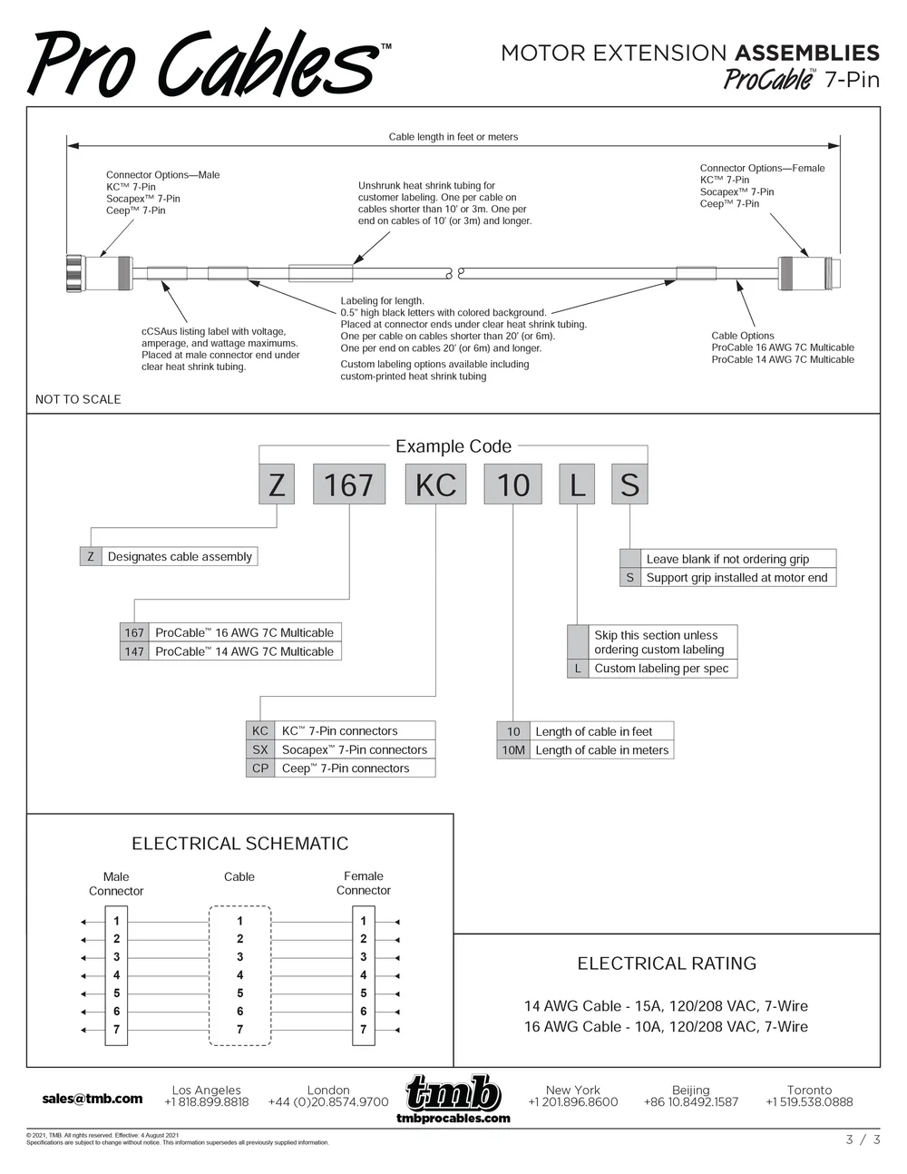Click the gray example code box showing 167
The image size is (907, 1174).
pos(349,484)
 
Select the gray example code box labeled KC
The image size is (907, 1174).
pos(435,484)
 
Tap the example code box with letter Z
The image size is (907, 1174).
pos(277,484)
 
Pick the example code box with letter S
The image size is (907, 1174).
pos(629,484)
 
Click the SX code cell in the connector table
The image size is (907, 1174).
pos(260,749)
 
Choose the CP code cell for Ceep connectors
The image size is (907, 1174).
pos(260,768)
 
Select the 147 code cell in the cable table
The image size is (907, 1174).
pos(134,651)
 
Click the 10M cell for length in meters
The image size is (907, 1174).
pos(513,750)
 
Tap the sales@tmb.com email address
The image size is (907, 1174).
pos(93,1099)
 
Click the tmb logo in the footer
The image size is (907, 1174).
pos(453,1099)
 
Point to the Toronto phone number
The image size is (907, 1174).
pos(809,1102)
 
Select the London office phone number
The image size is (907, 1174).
pos(328,1102)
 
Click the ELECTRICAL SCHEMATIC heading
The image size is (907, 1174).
pos(240,844)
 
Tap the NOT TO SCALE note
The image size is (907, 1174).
pos(78,399)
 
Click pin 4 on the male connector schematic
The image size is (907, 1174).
pos(116,975)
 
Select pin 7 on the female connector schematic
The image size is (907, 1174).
pos(364,1029)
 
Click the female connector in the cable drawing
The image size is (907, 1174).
pos(809,273)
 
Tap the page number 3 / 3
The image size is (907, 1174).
pos(863,1140)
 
